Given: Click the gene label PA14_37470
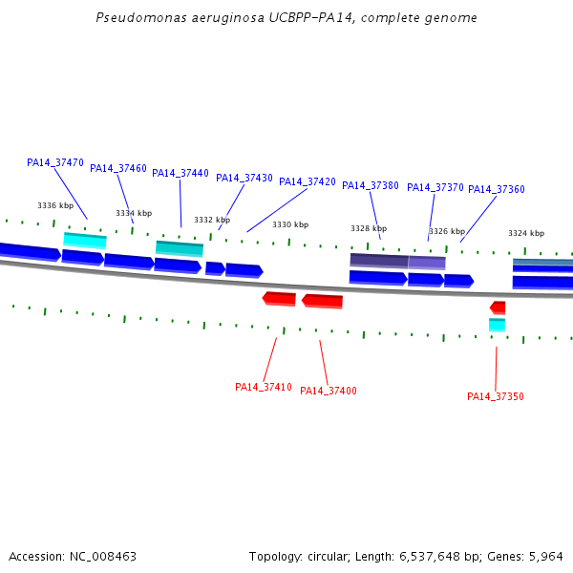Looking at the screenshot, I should point(55,162).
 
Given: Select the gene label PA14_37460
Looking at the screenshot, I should point(118,168).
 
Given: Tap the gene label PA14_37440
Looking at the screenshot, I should point(180,173).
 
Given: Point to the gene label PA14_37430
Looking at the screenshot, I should point(244,178).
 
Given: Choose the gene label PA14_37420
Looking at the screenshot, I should point(308,181).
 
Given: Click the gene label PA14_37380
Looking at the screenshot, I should point(371,185).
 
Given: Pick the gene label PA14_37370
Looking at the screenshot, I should point(435,187).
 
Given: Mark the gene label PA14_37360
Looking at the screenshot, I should point(497,189).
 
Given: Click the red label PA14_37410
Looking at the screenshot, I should point(264,387).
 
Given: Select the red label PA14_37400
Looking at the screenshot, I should point(329,391).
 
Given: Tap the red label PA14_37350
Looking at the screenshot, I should point(496,396).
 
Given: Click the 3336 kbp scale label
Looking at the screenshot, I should point(55,205).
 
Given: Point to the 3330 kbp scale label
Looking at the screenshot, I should point(290,224).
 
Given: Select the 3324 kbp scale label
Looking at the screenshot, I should point(526,233).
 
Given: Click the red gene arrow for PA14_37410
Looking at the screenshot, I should point(279,299).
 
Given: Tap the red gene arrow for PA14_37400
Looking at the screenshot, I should point(322,301).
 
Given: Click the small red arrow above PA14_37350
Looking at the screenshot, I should point(498,308).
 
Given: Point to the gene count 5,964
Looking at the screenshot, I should point(545,556).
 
